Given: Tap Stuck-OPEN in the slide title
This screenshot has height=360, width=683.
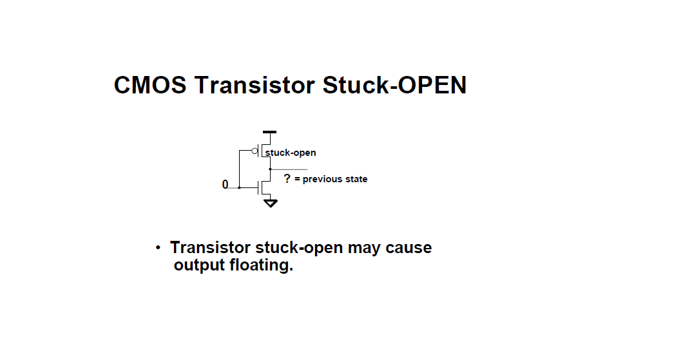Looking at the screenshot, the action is (394, 85).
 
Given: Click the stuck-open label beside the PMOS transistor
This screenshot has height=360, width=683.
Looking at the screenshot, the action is (291, 153).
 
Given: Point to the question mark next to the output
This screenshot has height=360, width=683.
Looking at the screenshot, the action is (287, 178).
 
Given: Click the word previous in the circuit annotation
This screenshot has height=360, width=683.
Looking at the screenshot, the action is (323, 179).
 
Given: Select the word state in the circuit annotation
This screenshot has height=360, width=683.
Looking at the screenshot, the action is (356, 179).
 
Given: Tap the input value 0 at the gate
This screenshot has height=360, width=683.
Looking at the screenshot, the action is (225, 185).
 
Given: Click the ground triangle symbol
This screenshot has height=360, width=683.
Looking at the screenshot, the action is (271, 204).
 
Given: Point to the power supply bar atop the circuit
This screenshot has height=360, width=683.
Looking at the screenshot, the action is (270, 132).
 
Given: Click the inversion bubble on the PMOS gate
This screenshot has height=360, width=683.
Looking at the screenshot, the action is (256, 152).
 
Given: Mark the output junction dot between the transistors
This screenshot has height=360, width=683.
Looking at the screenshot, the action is (270, 169).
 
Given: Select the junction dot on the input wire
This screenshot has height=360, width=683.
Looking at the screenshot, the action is (239, 187).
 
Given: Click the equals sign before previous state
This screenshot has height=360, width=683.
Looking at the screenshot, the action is (297, 179).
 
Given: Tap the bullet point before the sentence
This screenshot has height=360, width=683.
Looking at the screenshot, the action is (157, 248).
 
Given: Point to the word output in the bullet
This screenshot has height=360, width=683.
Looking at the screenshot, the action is (199, 265).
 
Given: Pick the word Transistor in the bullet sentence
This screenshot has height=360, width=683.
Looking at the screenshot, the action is (211, 248).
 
